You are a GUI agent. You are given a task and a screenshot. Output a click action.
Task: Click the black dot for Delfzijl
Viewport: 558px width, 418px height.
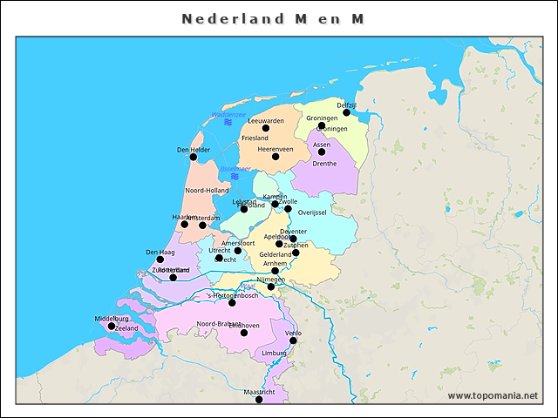pyautogui.click(x=346, y=112)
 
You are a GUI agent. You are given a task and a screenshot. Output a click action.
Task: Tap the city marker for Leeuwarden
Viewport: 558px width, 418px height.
pyautogui.click(x=266, y=128)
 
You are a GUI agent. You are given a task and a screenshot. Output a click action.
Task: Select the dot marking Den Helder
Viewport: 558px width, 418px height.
pyautogui.click(x=194, y=157)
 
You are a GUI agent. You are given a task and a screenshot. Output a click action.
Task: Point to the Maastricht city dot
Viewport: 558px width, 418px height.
pyautogui.click(x=259, y=400)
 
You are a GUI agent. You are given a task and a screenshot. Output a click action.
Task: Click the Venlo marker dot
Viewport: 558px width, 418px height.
pyautogui.click(x=293, y=340)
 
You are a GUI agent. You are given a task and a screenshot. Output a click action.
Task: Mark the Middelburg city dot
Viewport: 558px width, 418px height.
pyautogui.click(x=111, y=327)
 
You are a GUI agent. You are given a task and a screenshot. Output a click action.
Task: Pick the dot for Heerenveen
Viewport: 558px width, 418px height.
pyautogui.click(x=276, y=157)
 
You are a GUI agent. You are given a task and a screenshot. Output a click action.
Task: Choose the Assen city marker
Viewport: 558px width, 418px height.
pyautogui.click(x=322, y=152)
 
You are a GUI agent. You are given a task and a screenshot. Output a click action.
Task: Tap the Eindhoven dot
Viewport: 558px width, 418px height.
pyautogui.click(x=244, y=333)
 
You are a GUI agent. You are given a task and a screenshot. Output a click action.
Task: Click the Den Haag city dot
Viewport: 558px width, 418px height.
pyautogui.click(x=160, y=260)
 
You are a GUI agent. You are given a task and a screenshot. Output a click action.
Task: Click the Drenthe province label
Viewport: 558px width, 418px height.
pyautogui.click(x=323, y=164)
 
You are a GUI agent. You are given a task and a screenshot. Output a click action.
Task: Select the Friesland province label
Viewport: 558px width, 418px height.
pyautogui.click(x=255, y=138)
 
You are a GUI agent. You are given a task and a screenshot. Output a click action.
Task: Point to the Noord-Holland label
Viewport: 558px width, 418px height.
pyautogui.click(x=207, y=190)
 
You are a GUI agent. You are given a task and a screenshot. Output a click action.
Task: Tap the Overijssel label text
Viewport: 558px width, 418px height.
pyautogui.click(x=311, y=212)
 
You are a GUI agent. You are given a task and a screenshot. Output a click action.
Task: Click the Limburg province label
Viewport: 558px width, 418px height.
pyautogui.click(x=274, y=353)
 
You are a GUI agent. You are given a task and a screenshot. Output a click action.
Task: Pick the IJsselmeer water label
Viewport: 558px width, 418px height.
pyautogui.click(x=235, y=168)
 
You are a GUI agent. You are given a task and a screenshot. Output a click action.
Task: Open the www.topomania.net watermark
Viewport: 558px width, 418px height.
pyautogui.click(x=493, y=395)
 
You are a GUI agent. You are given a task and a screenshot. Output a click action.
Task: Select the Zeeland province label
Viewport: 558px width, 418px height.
pyautogui.click(x=126, y=328)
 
